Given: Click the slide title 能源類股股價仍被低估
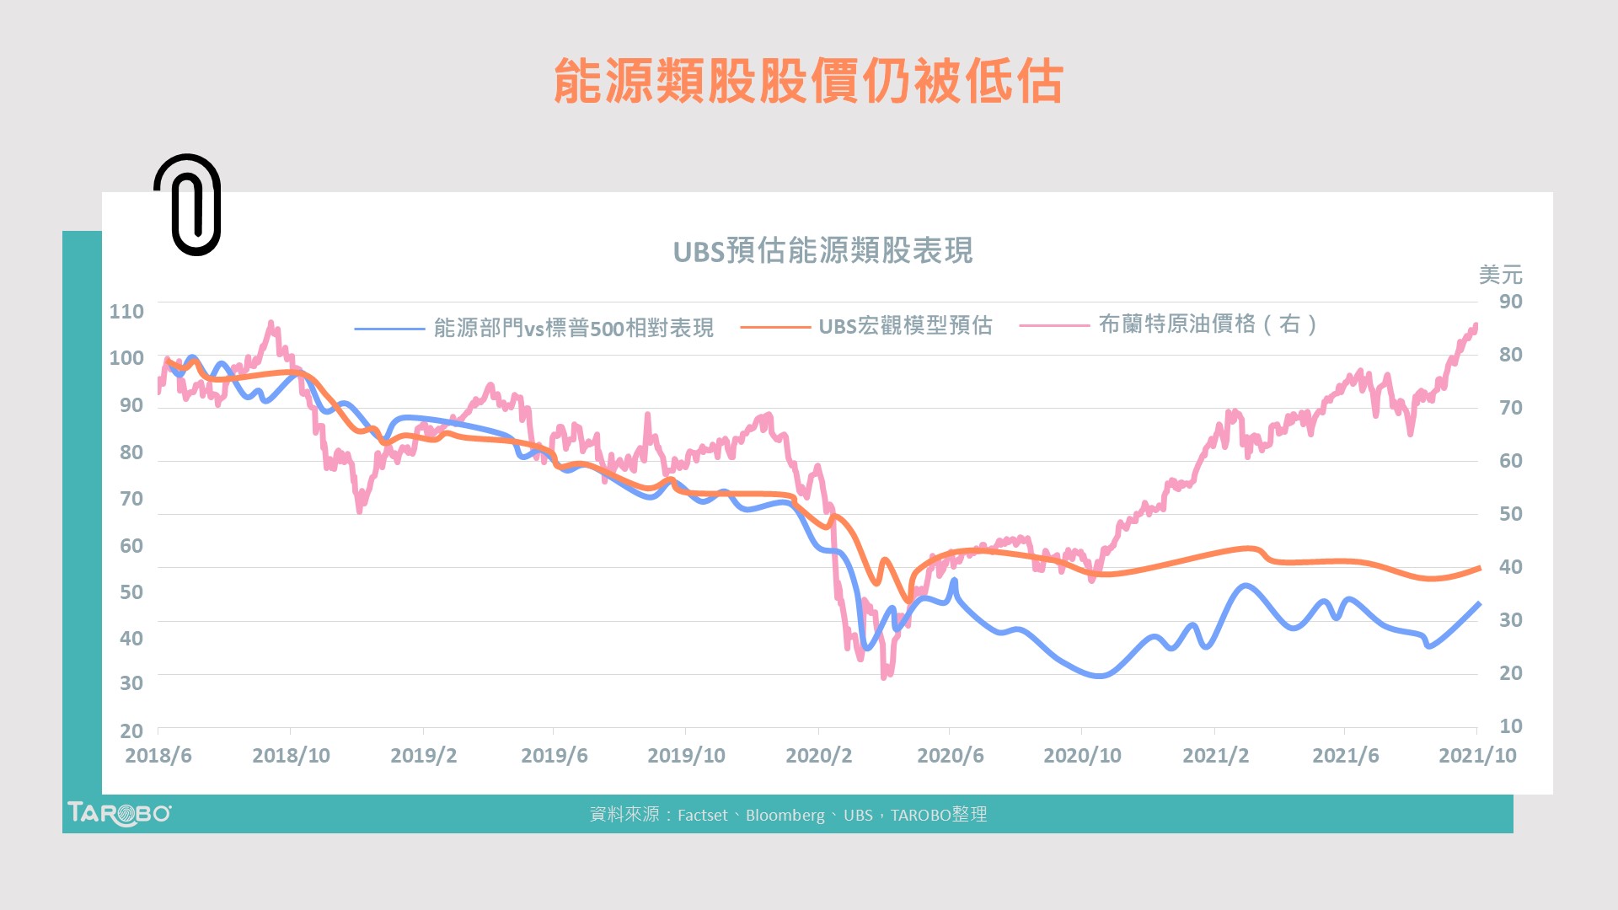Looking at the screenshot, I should click(808, 82).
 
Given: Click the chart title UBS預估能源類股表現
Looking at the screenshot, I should click(822, 251).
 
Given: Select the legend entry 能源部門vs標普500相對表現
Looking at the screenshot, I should click(573, 328).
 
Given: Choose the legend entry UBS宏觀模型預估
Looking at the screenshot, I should click(905, 326).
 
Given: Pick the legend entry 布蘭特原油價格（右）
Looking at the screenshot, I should click(1208, 324).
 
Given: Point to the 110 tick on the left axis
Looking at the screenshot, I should click(126, 312).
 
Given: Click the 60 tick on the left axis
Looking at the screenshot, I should click(131, 546).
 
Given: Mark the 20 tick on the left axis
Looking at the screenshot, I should click(131, 731).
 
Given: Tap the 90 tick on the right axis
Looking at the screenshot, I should click(1510, 302).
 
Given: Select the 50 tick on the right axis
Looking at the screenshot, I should click(1510, 514).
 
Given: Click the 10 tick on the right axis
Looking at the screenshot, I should click(1510, 726).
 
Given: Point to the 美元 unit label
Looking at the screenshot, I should click(1500, 275).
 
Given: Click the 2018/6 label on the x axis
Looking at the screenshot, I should click(158, 756).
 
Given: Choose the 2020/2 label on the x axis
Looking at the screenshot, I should click(818, 756).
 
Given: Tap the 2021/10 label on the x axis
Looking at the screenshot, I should click(1476, 756).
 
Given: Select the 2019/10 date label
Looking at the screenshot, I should click(686, 756).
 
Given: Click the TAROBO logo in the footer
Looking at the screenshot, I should click(119, 814).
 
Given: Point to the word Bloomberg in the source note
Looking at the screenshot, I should click(785, 816).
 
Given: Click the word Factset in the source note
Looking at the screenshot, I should click(702, 816).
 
